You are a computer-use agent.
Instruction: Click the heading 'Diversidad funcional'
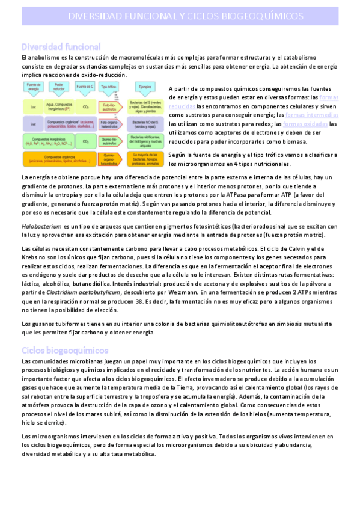pyautogui.click(x=61, y=46)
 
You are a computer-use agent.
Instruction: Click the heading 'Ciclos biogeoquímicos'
pyautogui.click(x=64, y=349)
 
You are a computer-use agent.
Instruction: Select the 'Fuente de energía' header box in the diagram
pyautogui.click(x=32, y=87)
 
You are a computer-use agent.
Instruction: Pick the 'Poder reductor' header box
pyautogui.click(x=59, y=87)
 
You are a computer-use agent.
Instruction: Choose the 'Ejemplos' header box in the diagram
pyautogui.click(x=145, y=87)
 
